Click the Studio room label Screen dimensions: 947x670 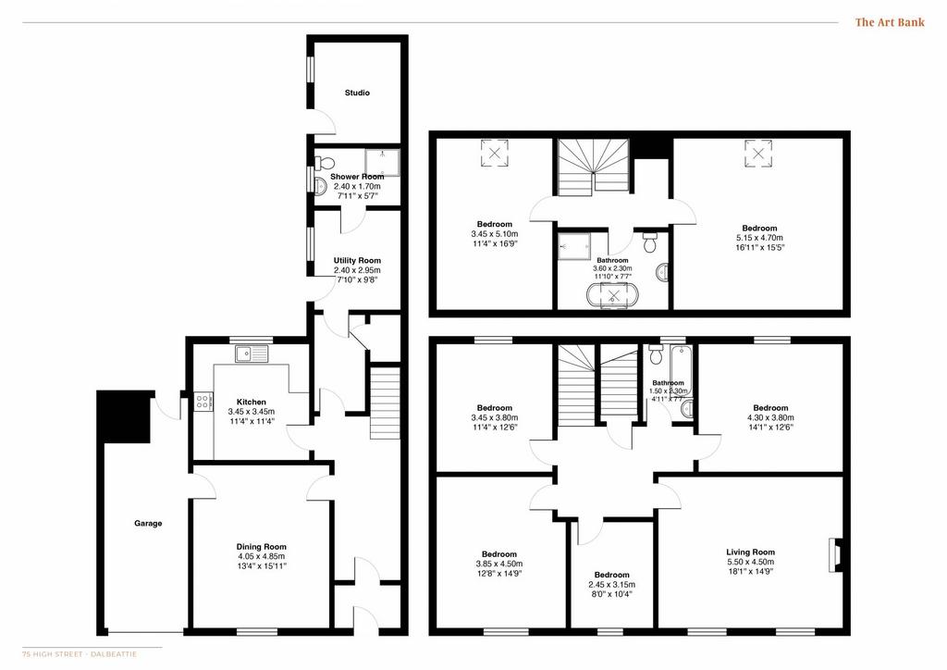[357, 93]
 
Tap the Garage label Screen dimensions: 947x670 [148, 523]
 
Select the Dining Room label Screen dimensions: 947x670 [262, 547]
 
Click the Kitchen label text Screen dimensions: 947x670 [252, 402]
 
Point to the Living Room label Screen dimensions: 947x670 [750, 552]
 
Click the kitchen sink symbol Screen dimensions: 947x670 [252, 354]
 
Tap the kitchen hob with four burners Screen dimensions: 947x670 [203, 402]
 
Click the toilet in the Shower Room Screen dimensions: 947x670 [325, 163]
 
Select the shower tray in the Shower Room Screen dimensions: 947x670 [382, 163]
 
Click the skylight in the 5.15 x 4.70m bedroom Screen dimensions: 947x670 [758, 153]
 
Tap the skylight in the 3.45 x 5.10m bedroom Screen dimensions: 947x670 [494, 153]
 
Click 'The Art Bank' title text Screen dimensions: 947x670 [890, 22]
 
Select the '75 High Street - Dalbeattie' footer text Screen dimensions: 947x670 [80, 654]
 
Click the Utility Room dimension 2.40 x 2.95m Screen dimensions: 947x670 [357, 270]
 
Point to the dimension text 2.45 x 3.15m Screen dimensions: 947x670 [612, 585]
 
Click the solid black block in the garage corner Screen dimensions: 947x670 [124, 416]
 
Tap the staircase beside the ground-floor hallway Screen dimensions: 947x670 [385, 403]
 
